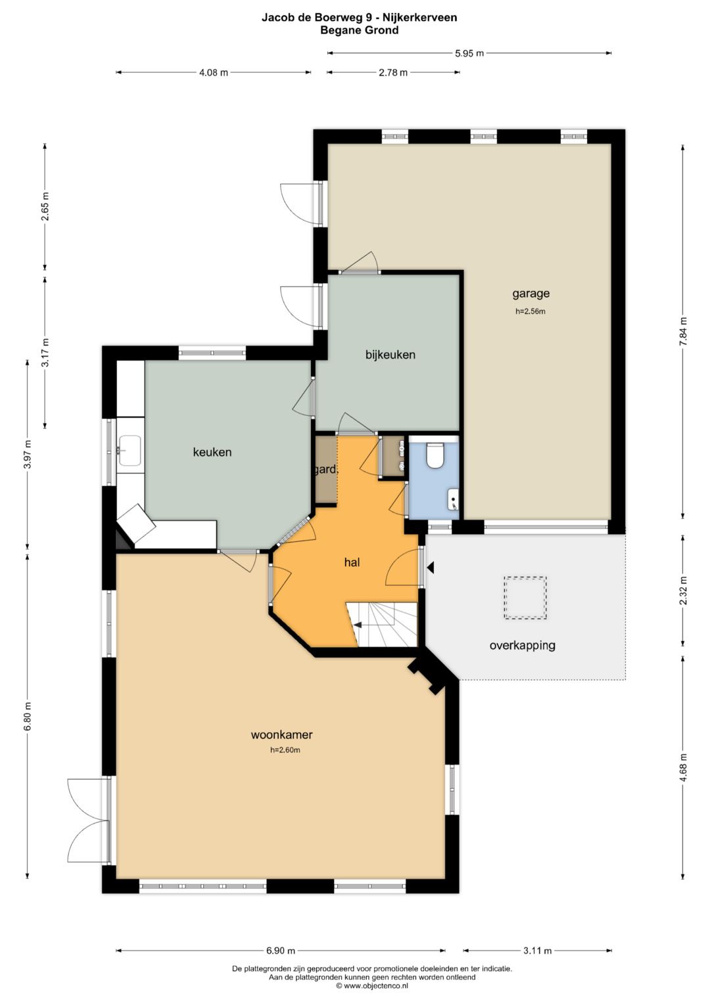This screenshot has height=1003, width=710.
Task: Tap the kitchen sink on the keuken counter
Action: pyautogui.click(x=130, y=451)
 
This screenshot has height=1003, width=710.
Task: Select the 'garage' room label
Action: pyautogui.click(x=531, y=294)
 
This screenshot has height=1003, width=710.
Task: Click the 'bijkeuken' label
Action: pyautogui.click(x=390, y=355)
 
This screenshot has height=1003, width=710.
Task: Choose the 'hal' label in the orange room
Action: pyautogui.click(x=352, y=562)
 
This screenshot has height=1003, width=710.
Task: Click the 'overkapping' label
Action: pyautogui.click(x=522, y=645)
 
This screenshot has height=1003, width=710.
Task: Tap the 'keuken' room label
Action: pyautogui.click(x=212, y=453)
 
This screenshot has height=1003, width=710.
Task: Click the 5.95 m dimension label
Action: pyautogui.click(x=469, y=53)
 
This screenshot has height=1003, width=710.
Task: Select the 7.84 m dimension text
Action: pyautogui.click(x=682, y=331)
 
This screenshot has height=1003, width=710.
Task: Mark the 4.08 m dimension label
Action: pyautogui.click(x=214, y=72)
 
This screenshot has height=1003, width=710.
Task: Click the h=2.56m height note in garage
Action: pyautogui.click(x=531, y=311)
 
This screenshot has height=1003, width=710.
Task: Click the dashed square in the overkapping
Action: pyautogui.click(x=525, y=598)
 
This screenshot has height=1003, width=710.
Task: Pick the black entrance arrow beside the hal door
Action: pyautogui.click(x=431, y=568)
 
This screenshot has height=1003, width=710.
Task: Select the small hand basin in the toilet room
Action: pyautogui.click(x=453, y=500)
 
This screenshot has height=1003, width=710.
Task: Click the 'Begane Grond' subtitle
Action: pyautogui.click(x=359, y=30)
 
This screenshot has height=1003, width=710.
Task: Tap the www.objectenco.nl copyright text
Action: pyautogui.click(x=372, y=985)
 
